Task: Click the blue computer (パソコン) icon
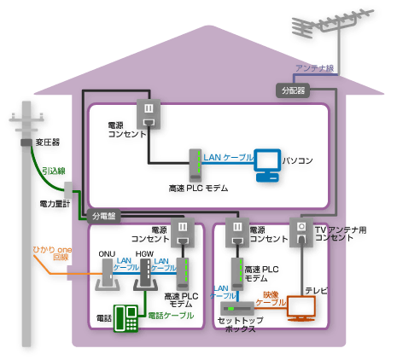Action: click(x=267, y=165)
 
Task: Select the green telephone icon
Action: click(x=127, y=317)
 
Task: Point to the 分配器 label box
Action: click(x=293, y=89)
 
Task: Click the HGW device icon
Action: click(x=144, y=275)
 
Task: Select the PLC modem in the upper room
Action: click(x=194, y=164)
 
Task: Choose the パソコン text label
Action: click(x=297, y=160)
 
